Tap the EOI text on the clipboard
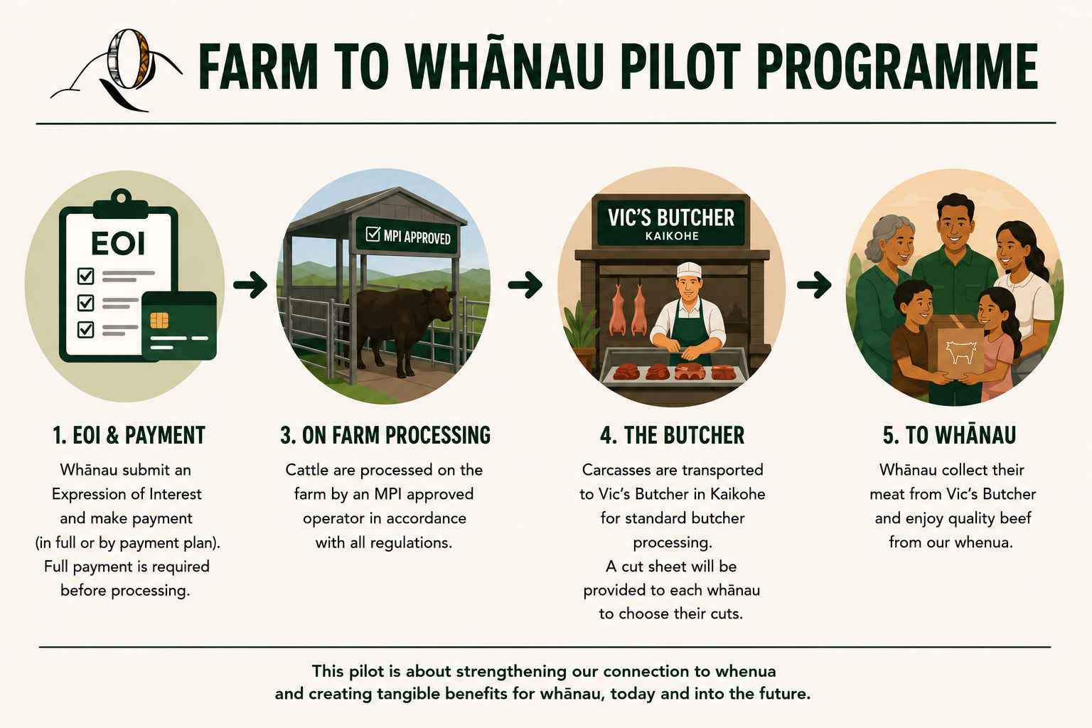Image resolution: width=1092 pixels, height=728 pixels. tap(118, 243)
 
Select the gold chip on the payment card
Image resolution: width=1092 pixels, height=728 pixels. tap(159, 321)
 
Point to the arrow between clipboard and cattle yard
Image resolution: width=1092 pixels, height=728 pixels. tap(250, 284)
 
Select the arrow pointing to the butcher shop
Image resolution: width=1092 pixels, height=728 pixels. tap(525, 284)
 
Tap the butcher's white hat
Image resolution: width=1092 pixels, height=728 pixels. tap(689, 269)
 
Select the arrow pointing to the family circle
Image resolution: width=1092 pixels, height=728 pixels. tap(814, 285)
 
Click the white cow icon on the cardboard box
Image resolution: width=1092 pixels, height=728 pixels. tap(961, 352)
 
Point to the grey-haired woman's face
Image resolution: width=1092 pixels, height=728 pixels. tap(898, 243)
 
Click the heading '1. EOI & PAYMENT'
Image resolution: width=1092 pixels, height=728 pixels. tap(129, 435)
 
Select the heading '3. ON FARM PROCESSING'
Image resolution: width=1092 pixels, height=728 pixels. tap(385, 435)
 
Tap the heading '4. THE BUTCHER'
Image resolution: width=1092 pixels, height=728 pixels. tap(673, 435)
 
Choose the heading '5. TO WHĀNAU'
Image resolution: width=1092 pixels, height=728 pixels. tap(949, 435)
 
